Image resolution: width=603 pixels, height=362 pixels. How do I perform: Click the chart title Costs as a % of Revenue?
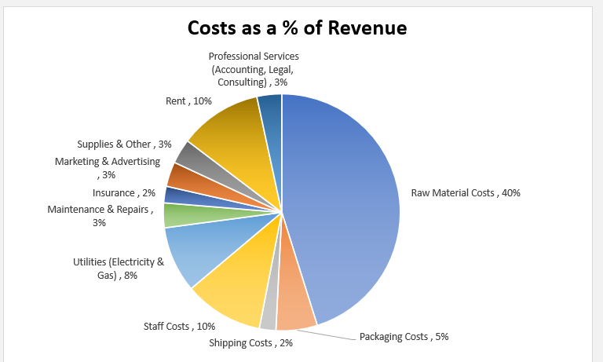click(x=297, y=28)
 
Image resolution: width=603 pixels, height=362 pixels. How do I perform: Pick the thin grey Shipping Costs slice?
click(x=269, y=314)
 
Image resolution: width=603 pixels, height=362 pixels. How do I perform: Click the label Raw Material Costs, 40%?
click(x=466, y=192)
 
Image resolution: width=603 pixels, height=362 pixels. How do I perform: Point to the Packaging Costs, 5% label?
click(x=404, y=337)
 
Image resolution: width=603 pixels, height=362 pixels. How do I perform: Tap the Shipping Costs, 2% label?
click(x=251, y=342)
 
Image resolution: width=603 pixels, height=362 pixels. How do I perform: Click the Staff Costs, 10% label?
click(x=179, y=326)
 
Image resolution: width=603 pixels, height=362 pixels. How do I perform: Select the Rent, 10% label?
click(x=188, y=101)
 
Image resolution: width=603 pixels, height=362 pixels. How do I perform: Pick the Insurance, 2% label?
click(x=124, y=193)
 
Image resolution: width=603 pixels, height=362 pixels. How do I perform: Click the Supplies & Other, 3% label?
click(x=124, y=144)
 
